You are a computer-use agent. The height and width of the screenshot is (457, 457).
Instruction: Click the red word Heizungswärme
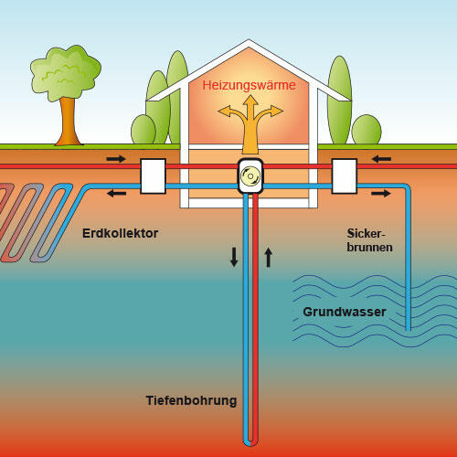(x=250, y=85)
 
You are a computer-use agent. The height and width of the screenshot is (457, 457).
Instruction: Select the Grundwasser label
(x=344, y=313)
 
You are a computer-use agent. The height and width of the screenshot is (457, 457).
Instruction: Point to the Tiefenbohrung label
(x=191, y=401)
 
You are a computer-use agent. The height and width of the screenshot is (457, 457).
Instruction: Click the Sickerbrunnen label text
(x=368, y=240)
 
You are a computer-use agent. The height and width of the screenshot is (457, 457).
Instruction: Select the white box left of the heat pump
(x=152, y=175)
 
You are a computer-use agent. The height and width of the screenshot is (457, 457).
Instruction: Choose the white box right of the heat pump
(x=344, y=175)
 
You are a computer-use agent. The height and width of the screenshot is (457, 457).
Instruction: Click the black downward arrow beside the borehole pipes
(x=234, y=257)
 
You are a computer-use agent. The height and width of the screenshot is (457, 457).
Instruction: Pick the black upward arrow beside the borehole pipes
(x=268, y=257)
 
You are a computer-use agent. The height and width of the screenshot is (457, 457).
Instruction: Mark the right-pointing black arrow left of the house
(x=116, y=159)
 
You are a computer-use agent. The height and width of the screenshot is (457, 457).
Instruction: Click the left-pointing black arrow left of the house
(x=118, y=193)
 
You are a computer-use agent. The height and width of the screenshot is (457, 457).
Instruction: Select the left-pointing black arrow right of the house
(x=382, y=159)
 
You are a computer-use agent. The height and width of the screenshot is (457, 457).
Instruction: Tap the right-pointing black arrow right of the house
(x=381, y=193)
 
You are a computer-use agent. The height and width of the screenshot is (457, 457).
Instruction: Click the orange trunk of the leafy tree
(x=66, y=120)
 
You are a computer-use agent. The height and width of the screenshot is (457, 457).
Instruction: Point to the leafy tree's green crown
(x=65, y=73)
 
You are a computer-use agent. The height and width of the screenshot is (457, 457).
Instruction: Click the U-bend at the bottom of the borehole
(x=251, y=441)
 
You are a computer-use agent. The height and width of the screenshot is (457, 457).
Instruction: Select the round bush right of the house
(x=366, y=130)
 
